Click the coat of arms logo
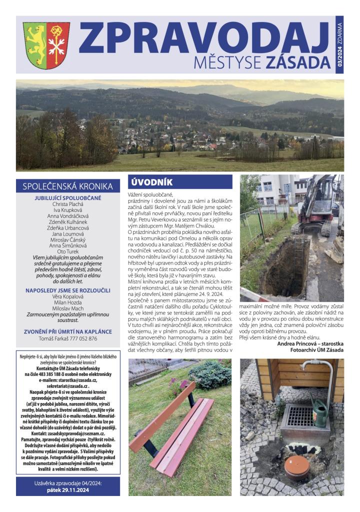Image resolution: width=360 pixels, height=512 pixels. click(x=46, y=45)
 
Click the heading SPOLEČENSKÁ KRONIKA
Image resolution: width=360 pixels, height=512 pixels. click(x=68, y=186)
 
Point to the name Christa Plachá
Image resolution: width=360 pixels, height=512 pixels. click(x=68, y=204)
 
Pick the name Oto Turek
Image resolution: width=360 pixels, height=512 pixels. click(x=68, y=251)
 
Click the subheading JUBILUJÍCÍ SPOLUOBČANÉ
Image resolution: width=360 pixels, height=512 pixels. click(x=68, y=198)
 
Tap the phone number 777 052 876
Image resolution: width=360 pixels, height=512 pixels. click(x=81, y=338)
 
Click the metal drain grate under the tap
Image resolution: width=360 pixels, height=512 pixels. click(x=302, y=416)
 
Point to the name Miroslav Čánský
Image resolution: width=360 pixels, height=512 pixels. click(x=68, y=239)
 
